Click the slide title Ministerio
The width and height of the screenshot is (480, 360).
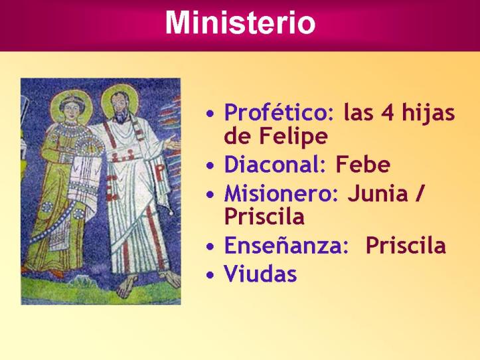click(x=240, y=23)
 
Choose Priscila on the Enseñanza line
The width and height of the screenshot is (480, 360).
click(x=406, y=246)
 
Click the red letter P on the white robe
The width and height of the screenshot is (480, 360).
click(x=159, y=172)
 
